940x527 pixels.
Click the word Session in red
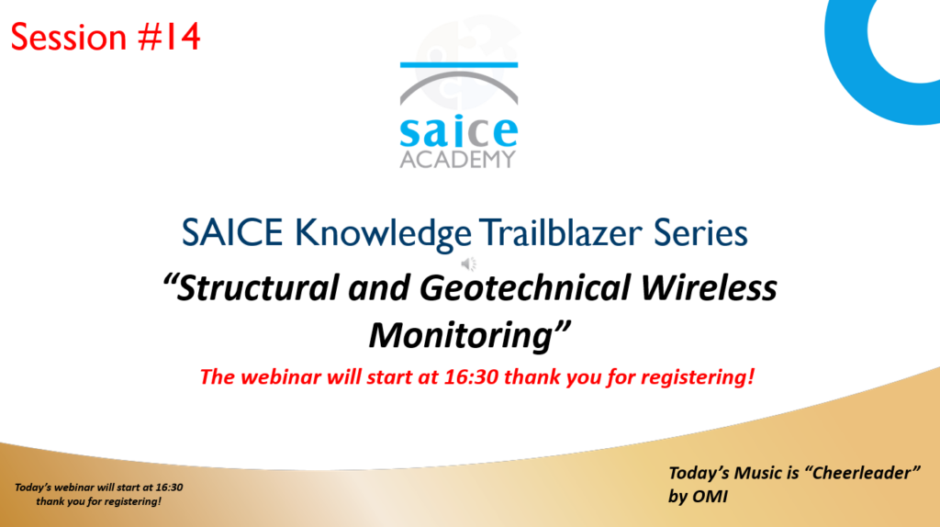[x=69, y=37]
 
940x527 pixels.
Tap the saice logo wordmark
[x=459, y=131]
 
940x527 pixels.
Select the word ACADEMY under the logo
[x=458, y=160]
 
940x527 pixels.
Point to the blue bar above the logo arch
[x=459, y=65]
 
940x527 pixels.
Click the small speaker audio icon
[x=469, y=263]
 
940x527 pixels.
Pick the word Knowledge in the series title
[x=383, y=234]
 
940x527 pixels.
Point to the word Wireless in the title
[x=709, y=287]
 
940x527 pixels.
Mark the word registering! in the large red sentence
[x=698, y=377]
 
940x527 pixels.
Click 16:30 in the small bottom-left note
[x=169, y=488]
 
